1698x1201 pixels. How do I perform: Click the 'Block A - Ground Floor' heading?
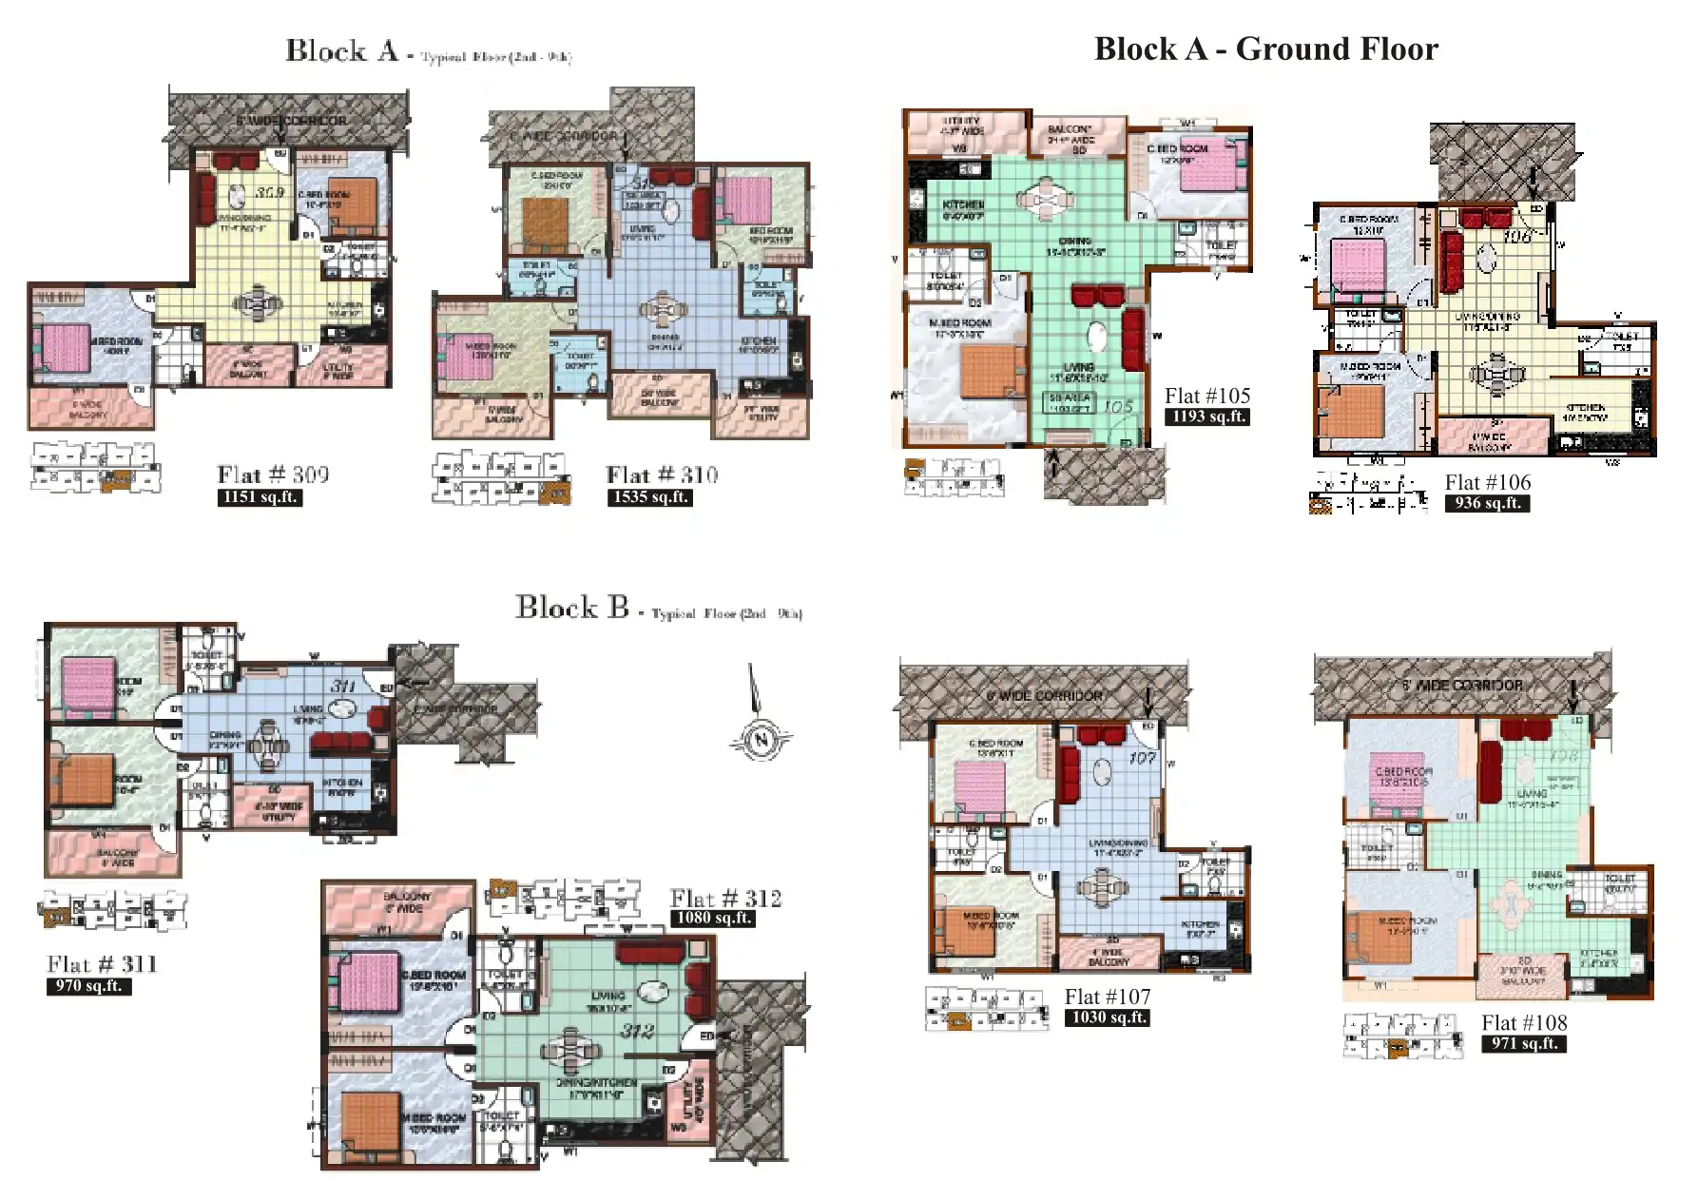pyautogui.click(x=1265, y=49)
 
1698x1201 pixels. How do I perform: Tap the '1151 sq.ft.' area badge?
pyautogui.click(x=259, y=497)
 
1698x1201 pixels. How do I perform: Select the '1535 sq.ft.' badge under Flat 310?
pyautogui.click(x=649, y=497)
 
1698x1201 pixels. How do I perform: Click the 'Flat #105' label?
pyautogui.click(x=1206, y=396)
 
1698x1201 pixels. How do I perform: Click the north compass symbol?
pyautogui.click(x=760, y=738)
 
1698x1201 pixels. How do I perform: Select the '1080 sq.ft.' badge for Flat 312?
pyautogui.click(x=713, y=918)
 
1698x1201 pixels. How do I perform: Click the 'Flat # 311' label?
pyautogui.click(x=102, y=964)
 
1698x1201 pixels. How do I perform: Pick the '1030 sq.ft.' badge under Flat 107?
pyautogui.click(x=1107, y=1017)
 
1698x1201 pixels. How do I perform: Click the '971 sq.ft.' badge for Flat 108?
pyautogui.click(x=1523, y=1043)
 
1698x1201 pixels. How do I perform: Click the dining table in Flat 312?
pyautogui.click(x=570, y=1051)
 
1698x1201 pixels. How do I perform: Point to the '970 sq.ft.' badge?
pyautogui.click(x=88, y=986)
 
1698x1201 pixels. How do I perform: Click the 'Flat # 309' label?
pyautogui.click(x=273, y=475)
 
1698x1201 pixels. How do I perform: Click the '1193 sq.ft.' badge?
pyautogui.click(x=1206, y=416)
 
